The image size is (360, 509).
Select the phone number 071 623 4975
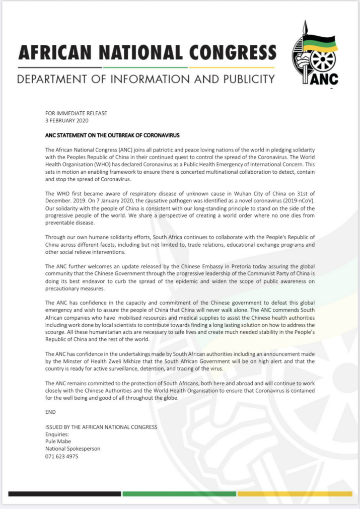[62, 456]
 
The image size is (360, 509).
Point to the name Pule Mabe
[58, 442]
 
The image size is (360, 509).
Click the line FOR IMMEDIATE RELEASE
[76, 114]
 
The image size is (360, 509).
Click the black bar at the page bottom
[64, 494]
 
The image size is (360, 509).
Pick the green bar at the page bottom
[179, 494]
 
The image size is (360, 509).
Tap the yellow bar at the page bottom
[295, 494]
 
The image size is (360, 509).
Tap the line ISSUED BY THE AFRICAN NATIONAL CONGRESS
[101, 427]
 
